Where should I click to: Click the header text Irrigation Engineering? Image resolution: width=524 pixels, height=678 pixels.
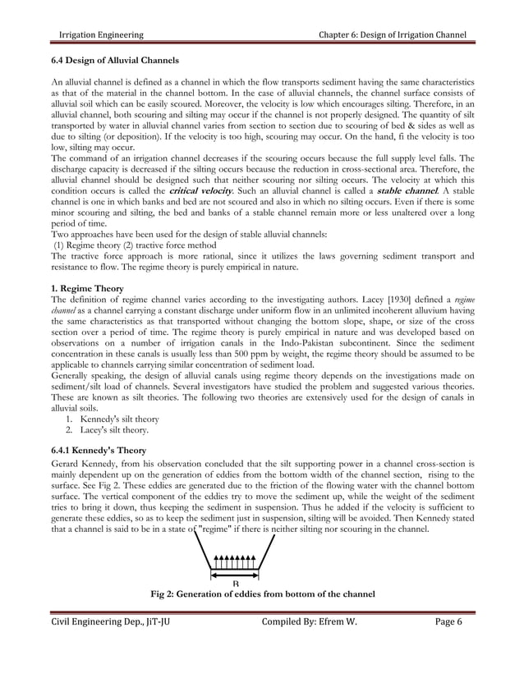pyautogui.click(x=98, y=34)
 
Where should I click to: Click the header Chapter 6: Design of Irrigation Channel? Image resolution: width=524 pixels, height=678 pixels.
pyautogui.click(x=396, y=34)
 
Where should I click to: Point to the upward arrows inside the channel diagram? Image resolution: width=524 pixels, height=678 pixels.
pyautogui.click(x=235, y=564)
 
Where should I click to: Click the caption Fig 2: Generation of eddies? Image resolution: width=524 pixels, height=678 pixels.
pyautogui.click(x=260, y=593)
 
